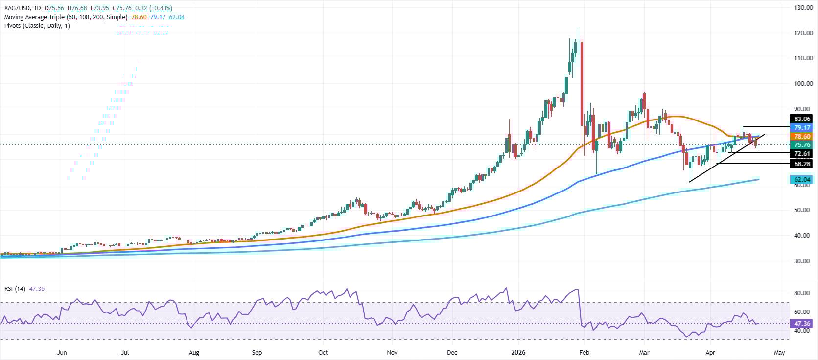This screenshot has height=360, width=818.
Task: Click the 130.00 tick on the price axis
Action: click(x=803, y=8)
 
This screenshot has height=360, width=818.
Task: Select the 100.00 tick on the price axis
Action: click(x=803, y=84)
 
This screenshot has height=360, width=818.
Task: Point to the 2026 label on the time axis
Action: click(x=519, y=352)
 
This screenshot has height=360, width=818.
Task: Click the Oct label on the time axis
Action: click(x=323, y=352)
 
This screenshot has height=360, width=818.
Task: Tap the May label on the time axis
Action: click(x=779, y=352)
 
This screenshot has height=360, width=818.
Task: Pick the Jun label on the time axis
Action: click(x=62, y=352)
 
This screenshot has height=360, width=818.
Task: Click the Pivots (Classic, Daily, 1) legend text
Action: click(x=37, y=25)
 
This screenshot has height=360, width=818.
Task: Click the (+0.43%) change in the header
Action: click(x=160, y=8)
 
